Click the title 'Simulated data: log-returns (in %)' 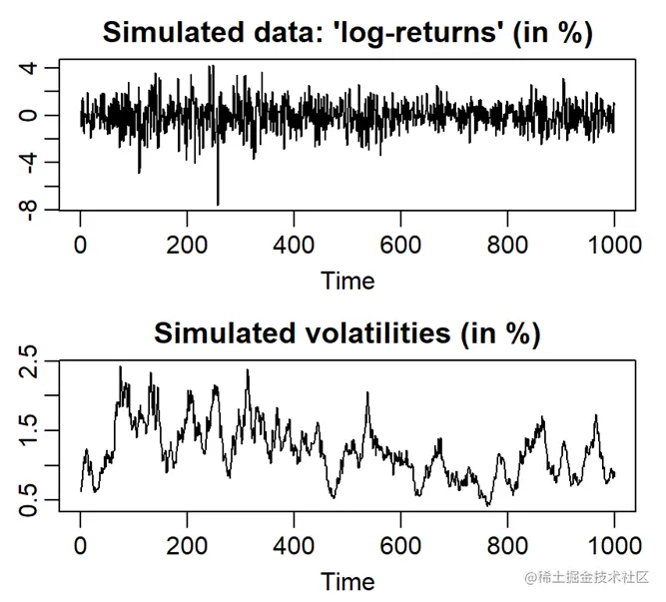[x=346, y=32]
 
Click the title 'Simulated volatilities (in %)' [x=346, y=333]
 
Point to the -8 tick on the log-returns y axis [x=31, y=210]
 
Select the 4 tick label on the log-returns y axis [x=31, y=68]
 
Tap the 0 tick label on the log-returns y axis [x=31, y=115]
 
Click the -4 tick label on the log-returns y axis [x=31, y=163]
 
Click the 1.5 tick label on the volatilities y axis [x=31, y=430]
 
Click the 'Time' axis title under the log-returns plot [x=347, y=281]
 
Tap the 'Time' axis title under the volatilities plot [x=347, y=581]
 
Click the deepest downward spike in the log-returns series [x=218, y=204]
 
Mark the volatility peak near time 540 [x=367, y=393]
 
